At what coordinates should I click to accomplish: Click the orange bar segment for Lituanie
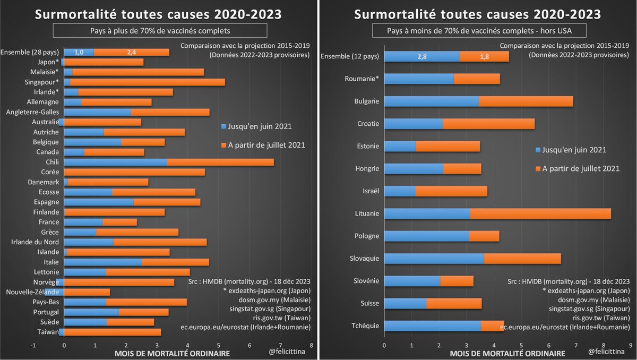point(540,213)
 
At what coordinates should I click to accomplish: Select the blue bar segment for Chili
point(115,162)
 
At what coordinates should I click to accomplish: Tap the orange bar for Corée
point(134,172)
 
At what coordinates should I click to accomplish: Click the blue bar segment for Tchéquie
point(432,325)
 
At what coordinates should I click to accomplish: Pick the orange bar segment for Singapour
point(147,82)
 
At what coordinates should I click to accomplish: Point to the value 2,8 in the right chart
point(423,57)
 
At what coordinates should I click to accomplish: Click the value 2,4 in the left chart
point(131,52)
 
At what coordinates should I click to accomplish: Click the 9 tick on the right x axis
point(630,344)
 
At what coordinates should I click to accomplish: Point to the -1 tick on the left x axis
point(33,344)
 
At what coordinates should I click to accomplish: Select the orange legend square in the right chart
point(539,168)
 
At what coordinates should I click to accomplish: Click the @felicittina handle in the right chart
point(610,352)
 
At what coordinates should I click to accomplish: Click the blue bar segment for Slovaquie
point(434,259)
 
